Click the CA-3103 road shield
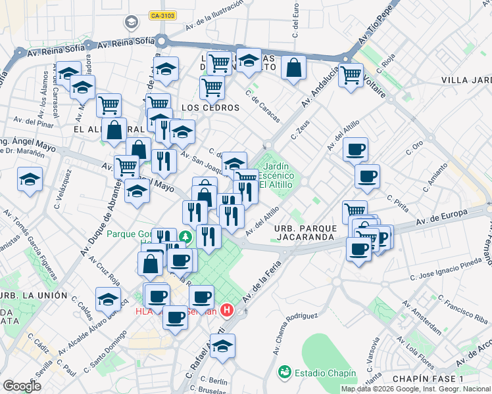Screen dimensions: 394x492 click(162, 15)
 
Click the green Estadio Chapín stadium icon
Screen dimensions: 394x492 click(284, 372)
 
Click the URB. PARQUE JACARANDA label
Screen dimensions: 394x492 click(306, 232)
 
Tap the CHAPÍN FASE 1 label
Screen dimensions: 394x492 click(428, 380)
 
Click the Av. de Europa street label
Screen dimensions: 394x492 click(445, 217)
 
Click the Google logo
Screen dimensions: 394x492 click(22, 386)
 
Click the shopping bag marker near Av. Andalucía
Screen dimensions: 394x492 click(293, 68)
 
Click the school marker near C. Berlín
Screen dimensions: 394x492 click(222, 346)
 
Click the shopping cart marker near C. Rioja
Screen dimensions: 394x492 click(351, 75)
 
